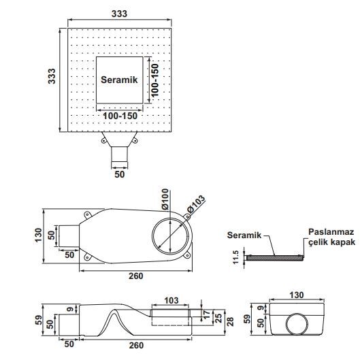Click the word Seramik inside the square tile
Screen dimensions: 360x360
(x=119, y=80)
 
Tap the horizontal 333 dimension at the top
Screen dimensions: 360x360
(x=119, y=14)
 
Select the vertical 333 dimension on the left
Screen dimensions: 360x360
(x=52, y=76)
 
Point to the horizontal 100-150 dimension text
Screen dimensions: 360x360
(x=120, y=116)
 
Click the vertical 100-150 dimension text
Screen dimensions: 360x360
(x=155, y=80)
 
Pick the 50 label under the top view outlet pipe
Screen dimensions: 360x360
(x=119, y=174)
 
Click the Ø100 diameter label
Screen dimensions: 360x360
(x=165, y=199)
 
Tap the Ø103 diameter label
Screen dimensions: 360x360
(x=196, y=204)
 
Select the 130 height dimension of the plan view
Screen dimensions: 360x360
(x=38, y=235)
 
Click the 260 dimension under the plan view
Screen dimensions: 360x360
(x=136, y=276)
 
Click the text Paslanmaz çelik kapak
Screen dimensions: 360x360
(x=331, y=237)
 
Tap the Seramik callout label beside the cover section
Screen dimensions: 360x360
(x=244, y=235)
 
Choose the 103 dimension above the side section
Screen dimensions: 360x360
(x=171, y=301)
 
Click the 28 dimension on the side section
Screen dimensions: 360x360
(x=230, y=322)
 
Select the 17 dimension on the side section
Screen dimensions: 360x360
(x=206, y=315)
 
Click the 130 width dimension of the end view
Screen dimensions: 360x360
(x=297, y=295)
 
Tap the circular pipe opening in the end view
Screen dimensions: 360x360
(x=297, y=324)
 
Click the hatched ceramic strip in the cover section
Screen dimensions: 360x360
(x=274, y=258)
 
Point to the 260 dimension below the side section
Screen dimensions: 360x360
(x=136, y=345)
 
